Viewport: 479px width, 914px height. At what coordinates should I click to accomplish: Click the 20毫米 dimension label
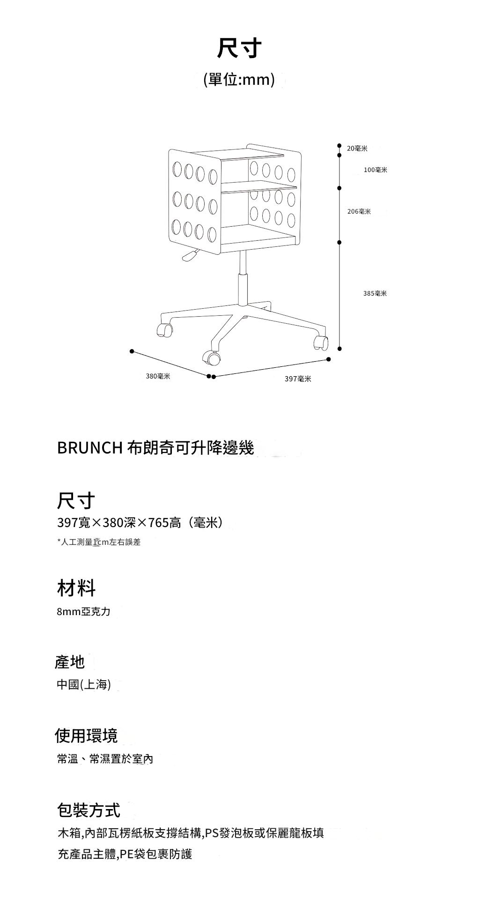[357, 149]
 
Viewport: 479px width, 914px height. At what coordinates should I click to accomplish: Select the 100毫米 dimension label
[376, 170]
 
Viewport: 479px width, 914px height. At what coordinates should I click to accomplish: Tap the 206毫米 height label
[359, 212]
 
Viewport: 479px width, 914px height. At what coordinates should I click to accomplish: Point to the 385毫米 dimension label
[375, 293]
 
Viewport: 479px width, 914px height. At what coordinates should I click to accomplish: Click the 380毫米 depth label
[158, 376]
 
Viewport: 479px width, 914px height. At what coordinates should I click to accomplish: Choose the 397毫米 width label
[298, 379]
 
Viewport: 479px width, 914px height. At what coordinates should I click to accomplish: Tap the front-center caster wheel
[211, 358]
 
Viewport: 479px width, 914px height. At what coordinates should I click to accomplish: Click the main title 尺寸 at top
[239, 48]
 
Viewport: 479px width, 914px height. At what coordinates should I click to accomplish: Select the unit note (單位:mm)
[239, 80]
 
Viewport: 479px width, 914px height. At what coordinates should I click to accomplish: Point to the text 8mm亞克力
[84, 612]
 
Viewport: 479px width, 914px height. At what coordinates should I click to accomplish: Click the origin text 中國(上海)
[84, 685]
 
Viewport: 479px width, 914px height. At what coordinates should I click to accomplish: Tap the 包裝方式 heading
[88, 810]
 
